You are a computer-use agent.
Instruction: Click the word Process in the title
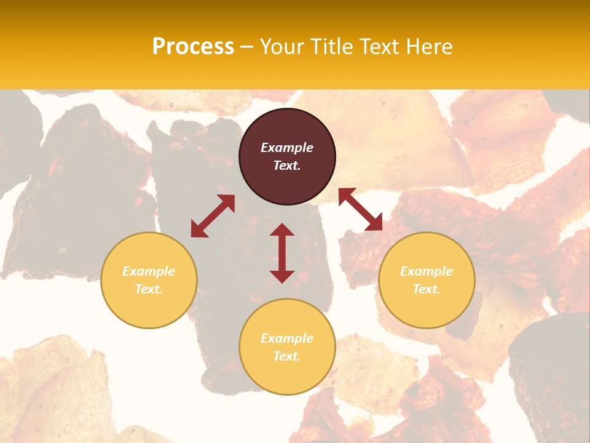193,47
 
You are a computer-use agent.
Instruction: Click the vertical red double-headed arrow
282,253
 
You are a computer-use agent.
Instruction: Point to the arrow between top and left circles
213,216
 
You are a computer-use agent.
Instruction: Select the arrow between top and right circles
360,209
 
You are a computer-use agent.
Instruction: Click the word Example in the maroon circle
287,148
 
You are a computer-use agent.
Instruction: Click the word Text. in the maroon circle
287,166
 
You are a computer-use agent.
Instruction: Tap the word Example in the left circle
149,271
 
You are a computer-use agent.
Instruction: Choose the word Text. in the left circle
149,289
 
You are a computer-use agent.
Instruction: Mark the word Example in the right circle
427,271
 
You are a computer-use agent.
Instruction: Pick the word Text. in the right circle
427,289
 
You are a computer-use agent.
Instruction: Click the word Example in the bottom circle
287,338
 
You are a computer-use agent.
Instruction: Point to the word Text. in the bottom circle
287,356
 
